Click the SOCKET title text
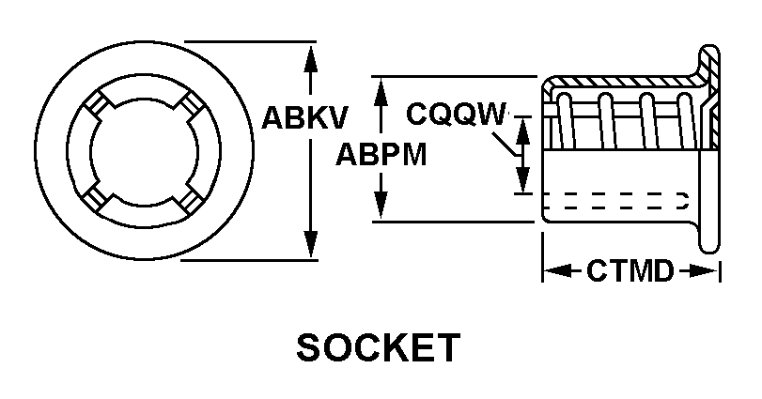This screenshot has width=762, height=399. [378, 348]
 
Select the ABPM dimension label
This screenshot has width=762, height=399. [381, 154]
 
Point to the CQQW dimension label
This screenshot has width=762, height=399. [457, 114]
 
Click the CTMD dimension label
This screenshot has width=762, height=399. [630, 272]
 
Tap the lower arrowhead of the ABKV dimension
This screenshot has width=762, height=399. [311, 249]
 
